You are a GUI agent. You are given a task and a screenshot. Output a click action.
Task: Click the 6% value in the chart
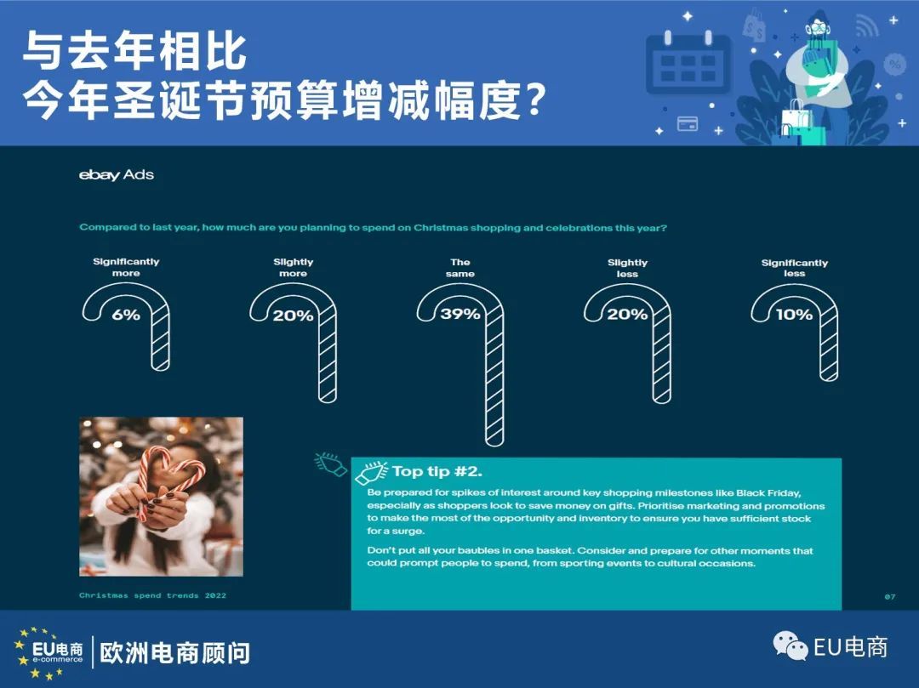126,315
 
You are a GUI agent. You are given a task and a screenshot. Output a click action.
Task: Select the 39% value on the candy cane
460,315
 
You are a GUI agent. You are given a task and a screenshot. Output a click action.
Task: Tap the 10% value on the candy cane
794,315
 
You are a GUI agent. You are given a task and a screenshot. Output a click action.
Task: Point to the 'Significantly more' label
126,267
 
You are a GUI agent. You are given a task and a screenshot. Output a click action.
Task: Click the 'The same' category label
460,268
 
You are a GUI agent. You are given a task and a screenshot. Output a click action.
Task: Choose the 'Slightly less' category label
627,268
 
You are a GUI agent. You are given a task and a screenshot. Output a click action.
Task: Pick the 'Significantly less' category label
794,268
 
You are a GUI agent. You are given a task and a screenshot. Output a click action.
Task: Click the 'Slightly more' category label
293,268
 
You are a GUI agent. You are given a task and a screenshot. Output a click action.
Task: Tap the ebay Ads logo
117,174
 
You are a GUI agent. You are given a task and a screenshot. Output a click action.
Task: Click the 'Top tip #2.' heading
437,471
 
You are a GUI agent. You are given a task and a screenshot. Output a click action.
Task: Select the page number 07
890,597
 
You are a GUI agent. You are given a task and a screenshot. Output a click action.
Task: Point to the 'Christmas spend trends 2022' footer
152,595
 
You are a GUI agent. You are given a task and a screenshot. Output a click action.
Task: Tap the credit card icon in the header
688,124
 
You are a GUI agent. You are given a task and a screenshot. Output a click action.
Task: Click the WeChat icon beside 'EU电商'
790,645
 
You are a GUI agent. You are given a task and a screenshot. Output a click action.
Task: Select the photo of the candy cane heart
161,497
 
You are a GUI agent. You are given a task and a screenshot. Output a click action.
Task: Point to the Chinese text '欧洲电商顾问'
174,653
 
